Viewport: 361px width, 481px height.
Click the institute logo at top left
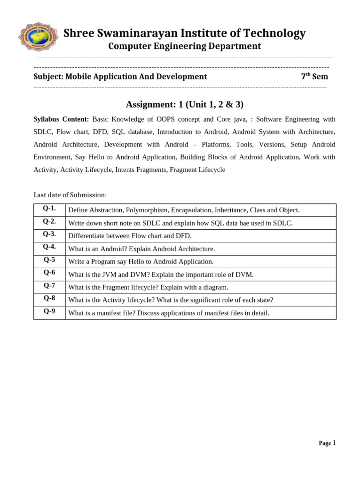pos(39,37)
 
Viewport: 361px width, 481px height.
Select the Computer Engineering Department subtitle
pos(184,46)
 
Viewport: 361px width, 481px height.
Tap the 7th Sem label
pos(314,77)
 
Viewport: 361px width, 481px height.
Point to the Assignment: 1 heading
pos(184,104)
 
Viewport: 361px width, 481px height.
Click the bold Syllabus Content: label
pos(61,119)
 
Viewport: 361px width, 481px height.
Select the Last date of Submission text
pos(70,195)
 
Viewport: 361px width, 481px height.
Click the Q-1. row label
pos(49,209)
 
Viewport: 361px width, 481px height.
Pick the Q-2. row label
pos(49,221)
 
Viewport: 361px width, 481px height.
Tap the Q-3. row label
pos(49,234)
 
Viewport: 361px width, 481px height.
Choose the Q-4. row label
pos(49,247)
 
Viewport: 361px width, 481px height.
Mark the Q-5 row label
pos(49,260)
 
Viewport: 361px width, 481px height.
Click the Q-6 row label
pos(49,273)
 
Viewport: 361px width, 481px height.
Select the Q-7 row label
pos(49,286)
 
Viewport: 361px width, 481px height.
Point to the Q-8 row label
pos(49,298)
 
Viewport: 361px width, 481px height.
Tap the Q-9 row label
pos(49,311)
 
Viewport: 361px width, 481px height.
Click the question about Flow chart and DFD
pos(130,236)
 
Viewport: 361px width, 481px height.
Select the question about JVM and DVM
pos(161,274)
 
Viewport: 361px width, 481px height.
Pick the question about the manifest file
pos(169,313)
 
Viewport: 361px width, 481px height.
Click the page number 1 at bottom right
pos(334,443)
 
